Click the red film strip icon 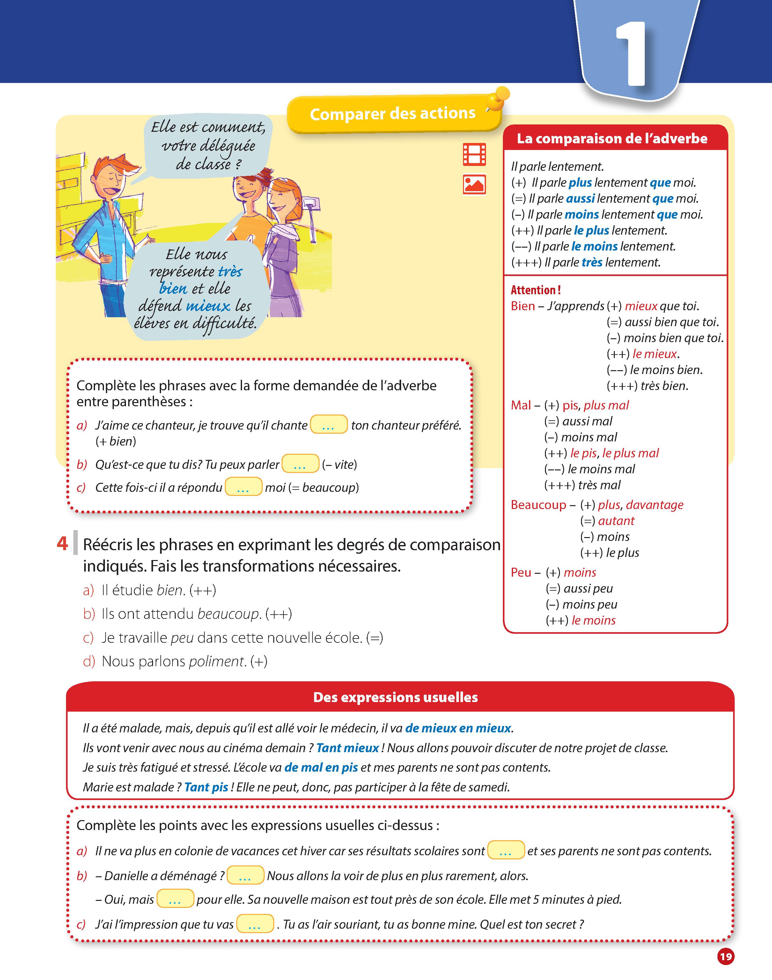click(x=474, y=154)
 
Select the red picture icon click(x=474, y=184)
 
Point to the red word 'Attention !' click(x=536, y=290)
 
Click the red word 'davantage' click(x=654, y=505)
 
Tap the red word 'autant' click(x=616, y=520)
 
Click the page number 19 click(x=725, y=956)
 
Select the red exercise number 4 click(x=62, y=543)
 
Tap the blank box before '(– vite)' click(x=300, y=464)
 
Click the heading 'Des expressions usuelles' click(x=395, y=697)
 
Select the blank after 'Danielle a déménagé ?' click(x=245, y=876)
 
